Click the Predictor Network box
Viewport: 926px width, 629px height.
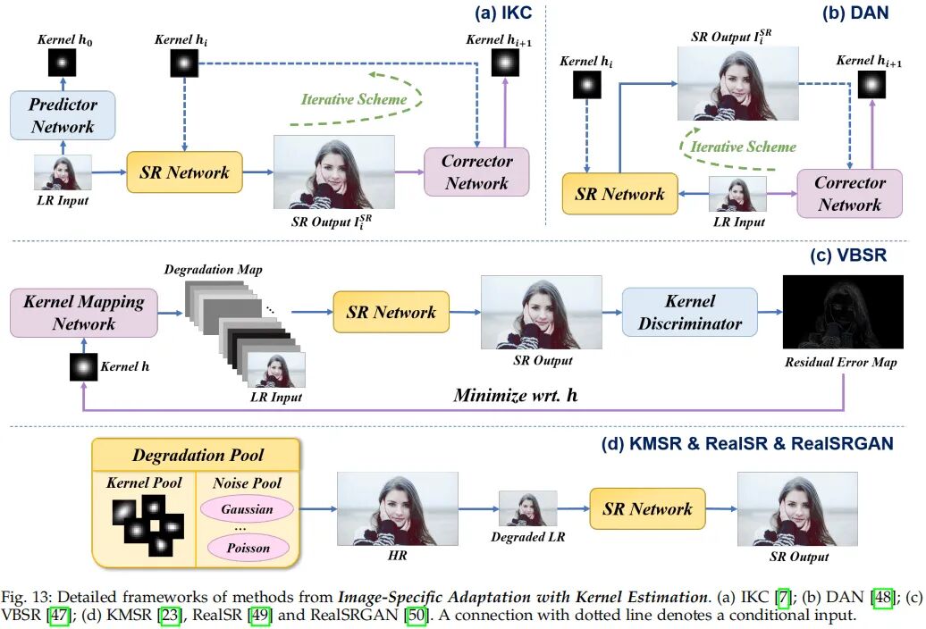click(x=63, y=115)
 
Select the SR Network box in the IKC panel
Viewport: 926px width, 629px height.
click(x=184, y=172)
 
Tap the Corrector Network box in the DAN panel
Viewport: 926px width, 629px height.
click(x=849, y=194)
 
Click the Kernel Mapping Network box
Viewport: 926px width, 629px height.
click(x=84, y=313)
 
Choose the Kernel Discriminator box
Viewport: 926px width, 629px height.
click(x=690, y=312)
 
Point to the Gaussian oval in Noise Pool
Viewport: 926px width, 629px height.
click(x=247, y=509)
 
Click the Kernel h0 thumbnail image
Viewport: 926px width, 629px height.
click(x=62, y=63)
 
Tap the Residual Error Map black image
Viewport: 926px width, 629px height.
click(x=843, y=312)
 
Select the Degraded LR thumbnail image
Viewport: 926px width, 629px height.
click(x=528, y=508)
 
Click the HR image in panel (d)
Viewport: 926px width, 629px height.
click(x=398, y=508)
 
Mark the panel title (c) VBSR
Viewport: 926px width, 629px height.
click(x=848, y=256)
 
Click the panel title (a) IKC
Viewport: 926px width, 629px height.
click(x=503, y=13)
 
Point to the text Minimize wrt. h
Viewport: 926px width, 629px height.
click(x=516, y=395)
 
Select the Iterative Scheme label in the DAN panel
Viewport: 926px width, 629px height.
click(x=744, y=147)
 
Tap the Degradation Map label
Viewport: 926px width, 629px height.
click(x=214, y=270)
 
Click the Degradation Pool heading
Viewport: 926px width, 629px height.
click(x=198, y=455)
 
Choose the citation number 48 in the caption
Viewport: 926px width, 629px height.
click(x=883, y=598)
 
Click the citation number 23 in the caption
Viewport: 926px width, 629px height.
click(x=170, y=616)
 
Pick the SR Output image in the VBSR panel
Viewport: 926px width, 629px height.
click(x=542, y=312)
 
